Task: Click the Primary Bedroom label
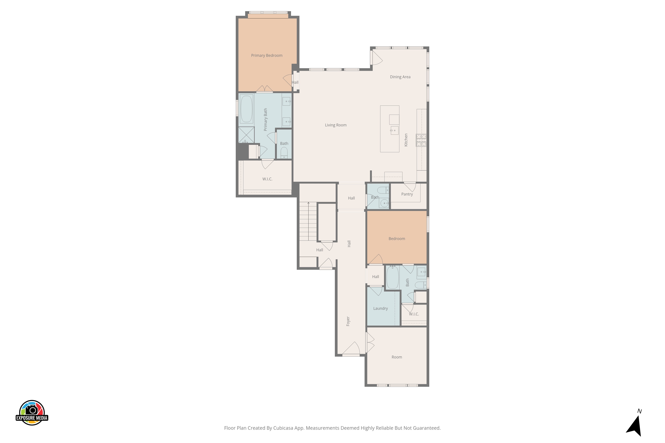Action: click(267, 55)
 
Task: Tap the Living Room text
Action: click(336, 125)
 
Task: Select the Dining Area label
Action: click(400, 77)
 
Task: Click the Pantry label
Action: click(407, 194)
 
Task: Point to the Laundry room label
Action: click(380, 308)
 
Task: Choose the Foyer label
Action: click(348, 321)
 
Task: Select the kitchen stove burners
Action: click(421, 140)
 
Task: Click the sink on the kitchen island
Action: click(394, 130)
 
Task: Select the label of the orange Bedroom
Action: click(397, 239)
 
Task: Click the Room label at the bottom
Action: click(397, 357)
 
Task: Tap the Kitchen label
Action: click(406, 140)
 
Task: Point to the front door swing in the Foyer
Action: click(351, 348)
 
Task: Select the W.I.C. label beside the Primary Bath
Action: click(267, 179)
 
